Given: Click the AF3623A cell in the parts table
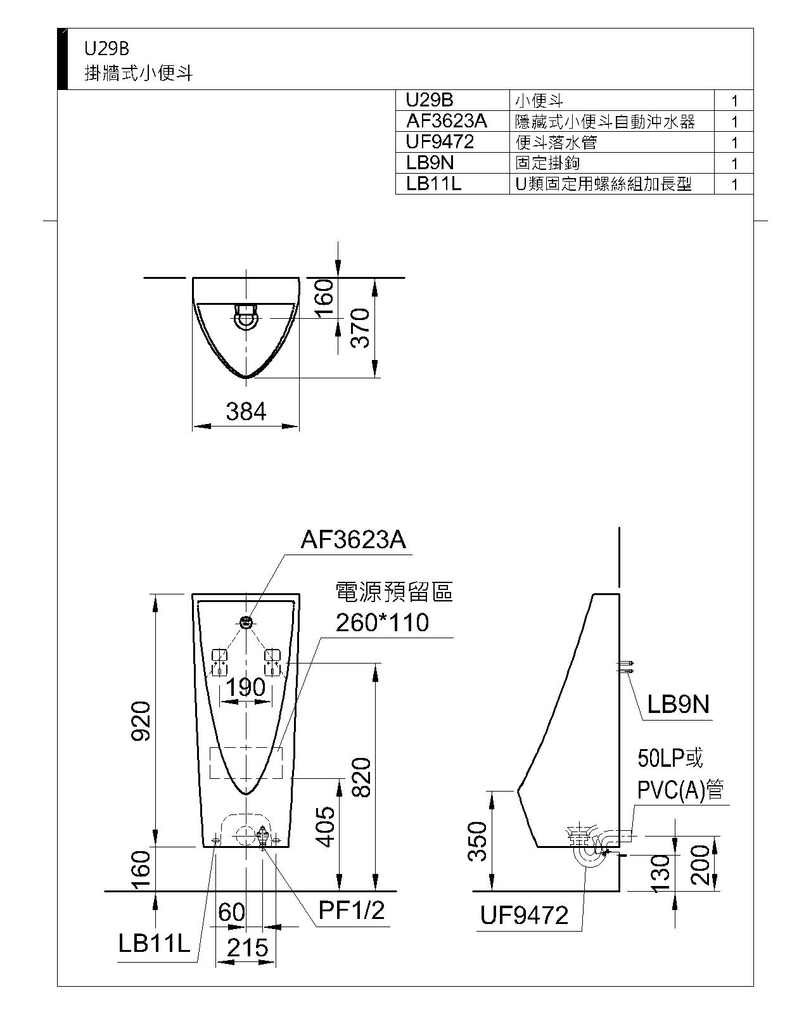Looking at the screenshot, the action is click(446, 121).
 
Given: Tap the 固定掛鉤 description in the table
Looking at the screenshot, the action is click(547, 163).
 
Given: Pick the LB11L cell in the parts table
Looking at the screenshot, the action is click(433, 184).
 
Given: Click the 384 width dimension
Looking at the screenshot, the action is click(246, 411).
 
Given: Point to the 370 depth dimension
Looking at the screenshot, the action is click(361, 328).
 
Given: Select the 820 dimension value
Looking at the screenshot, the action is click(361, 778).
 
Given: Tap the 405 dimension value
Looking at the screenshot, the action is click(325, 827).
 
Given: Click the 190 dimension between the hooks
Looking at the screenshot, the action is click(246, 688).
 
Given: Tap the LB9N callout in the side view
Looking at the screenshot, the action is click(678, 705).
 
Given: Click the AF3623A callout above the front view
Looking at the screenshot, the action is click(354, 539).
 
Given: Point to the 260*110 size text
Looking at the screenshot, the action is click(382, 622).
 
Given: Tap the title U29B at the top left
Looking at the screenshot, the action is click(106, 49).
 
